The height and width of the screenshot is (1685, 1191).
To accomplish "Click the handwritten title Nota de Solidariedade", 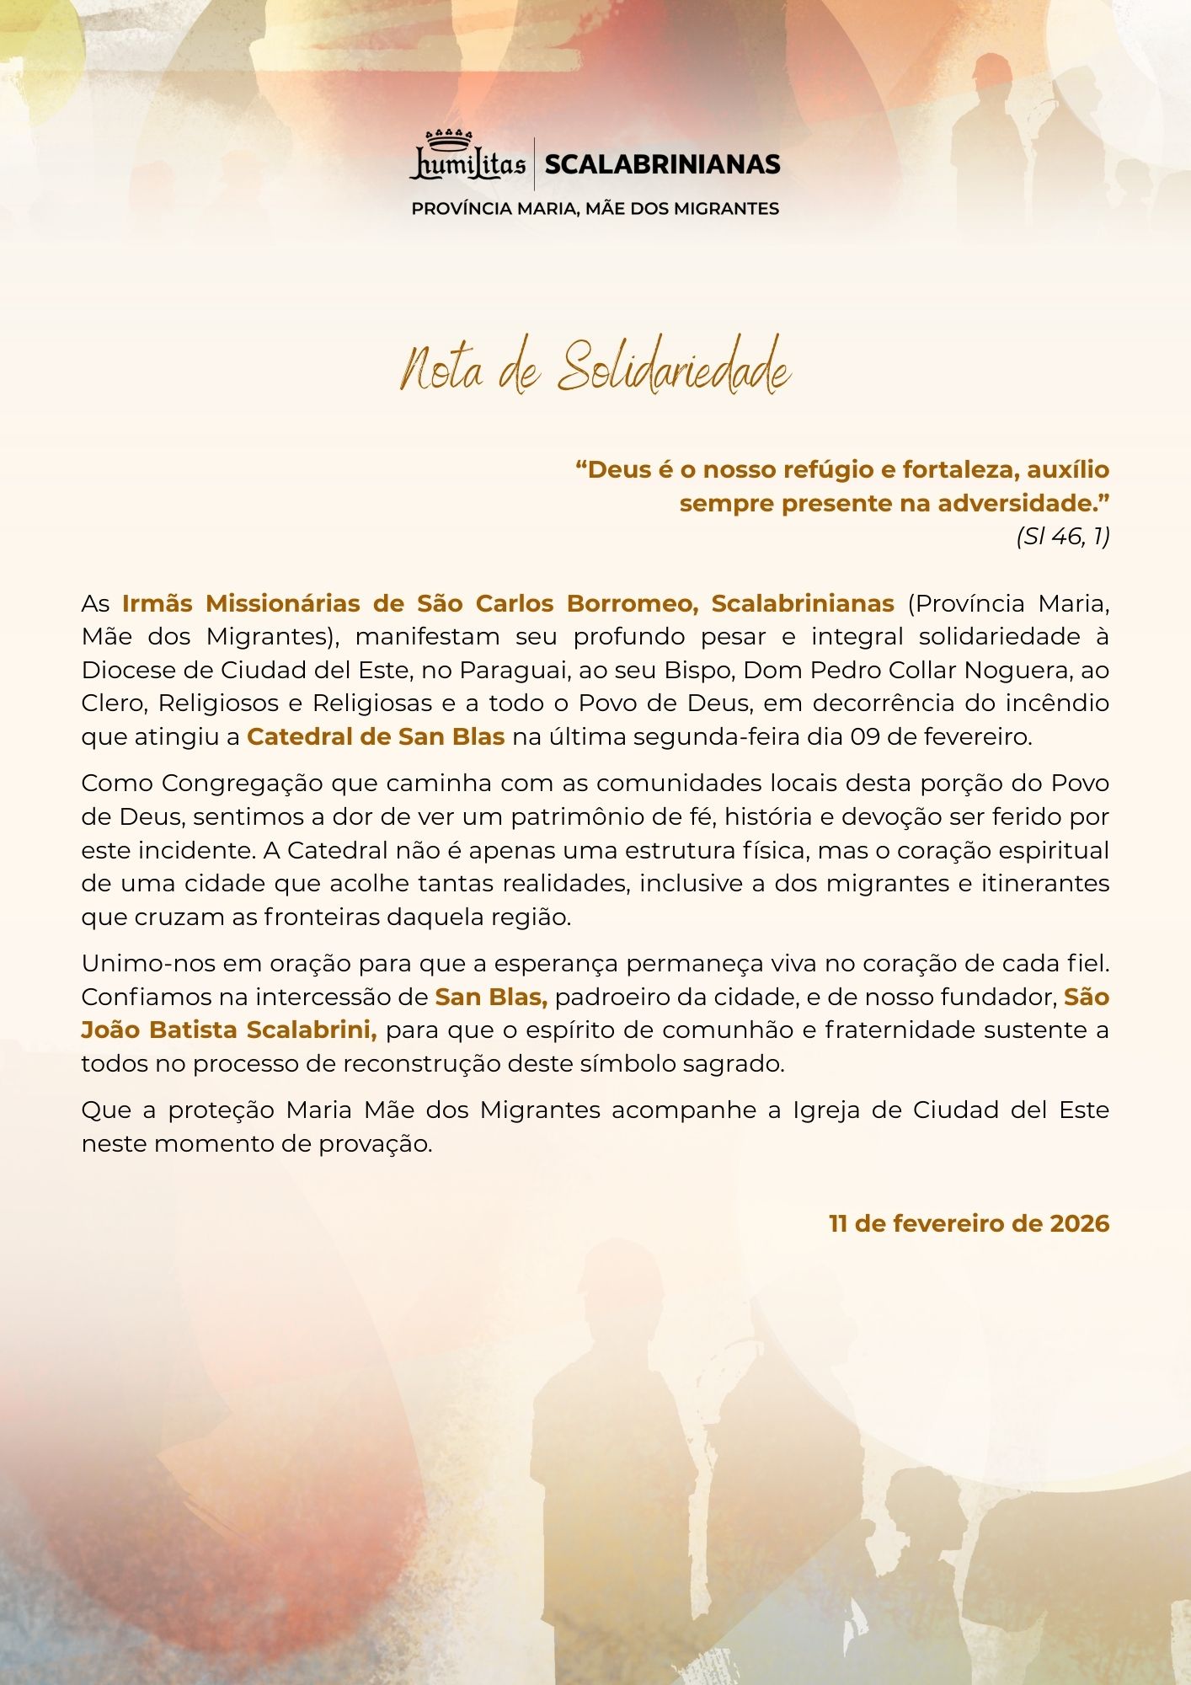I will pos(595,369).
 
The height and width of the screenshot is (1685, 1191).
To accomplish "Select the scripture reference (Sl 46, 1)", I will pos(1062,537).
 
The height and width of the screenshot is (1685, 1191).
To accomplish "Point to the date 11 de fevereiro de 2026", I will pos(969,1223).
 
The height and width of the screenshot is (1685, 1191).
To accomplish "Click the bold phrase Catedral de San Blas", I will pos(376,736).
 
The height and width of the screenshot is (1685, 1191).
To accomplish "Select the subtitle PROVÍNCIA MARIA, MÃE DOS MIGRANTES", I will pos(595,208).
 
